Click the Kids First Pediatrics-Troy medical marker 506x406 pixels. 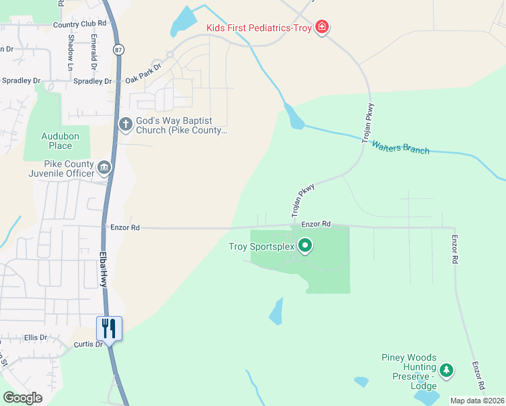[323, 28]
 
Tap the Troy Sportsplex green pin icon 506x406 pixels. [305, 246]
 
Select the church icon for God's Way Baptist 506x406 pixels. [125, 124]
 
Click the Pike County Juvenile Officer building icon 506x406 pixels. [103, 167]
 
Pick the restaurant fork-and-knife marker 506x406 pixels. [109, 328]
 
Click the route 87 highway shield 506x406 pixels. [119, 50]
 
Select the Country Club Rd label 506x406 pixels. [80, 25]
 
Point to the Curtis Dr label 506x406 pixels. [87, 344]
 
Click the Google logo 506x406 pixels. [23, 398]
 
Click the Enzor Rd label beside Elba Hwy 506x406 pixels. [125, 228]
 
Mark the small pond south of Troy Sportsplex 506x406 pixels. [276, 312]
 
